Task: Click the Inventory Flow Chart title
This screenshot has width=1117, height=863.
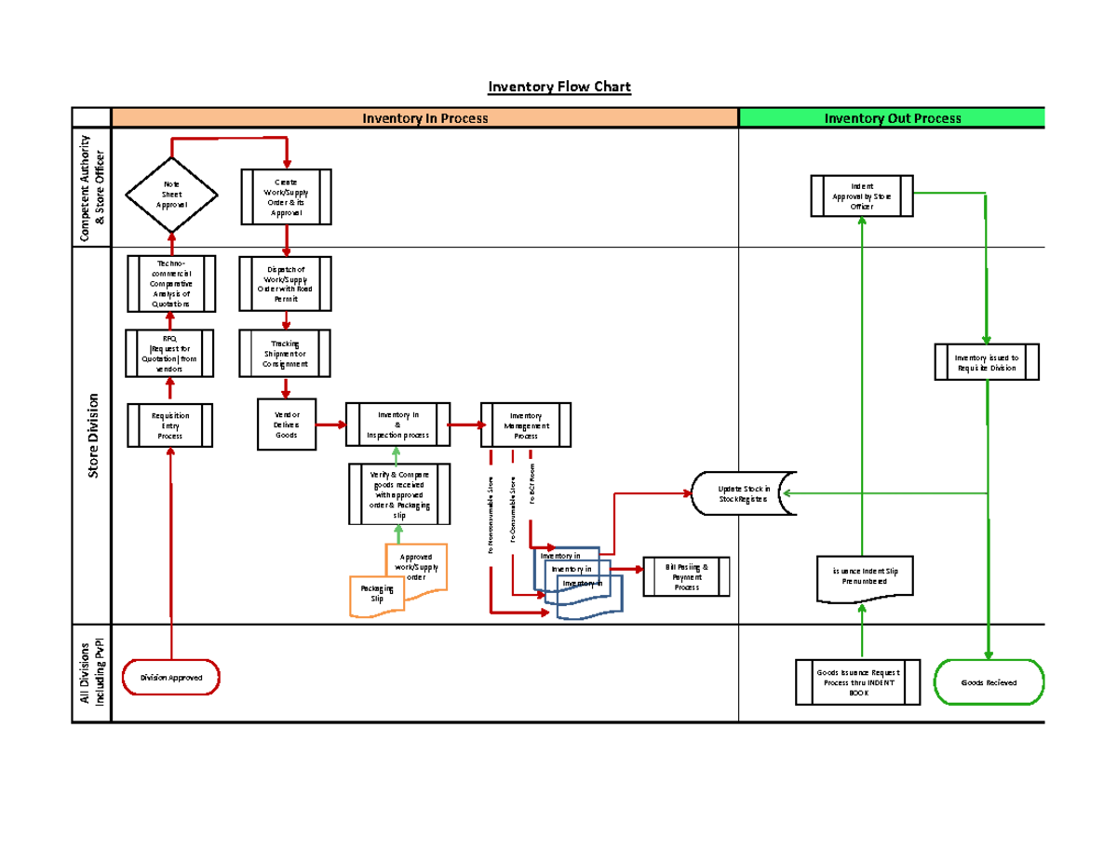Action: click(559, 88)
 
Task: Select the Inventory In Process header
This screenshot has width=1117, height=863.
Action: click(424, 118)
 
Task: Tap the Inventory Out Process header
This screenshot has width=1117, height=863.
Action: click(892, 118)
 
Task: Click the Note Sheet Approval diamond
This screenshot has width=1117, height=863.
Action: click(171, 195)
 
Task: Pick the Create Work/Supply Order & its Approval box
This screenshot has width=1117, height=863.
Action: click(286, 197)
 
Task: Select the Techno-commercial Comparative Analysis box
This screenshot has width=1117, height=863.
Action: click(171, 284)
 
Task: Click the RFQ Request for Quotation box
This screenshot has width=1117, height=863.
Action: click(171, 353)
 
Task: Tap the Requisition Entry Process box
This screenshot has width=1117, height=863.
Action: click(171, 425)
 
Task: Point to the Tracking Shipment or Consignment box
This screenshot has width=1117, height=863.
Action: click(286, 354)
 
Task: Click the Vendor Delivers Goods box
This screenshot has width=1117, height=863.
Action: click(286, 425)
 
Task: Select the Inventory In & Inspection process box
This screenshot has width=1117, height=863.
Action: click(397, 425)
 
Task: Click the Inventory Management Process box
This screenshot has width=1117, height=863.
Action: click(525, 425)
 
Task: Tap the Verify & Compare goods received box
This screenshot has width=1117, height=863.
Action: click(397, 495)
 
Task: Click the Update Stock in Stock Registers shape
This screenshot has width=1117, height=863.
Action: click(742, 494)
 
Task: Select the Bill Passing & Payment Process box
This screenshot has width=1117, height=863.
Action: click(686, 577)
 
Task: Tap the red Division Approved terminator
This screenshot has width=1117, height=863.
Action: click(171, 678)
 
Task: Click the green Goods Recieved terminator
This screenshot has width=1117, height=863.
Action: click(989, 682)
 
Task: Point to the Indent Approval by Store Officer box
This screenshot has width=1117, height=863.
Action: click(861, 196)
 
